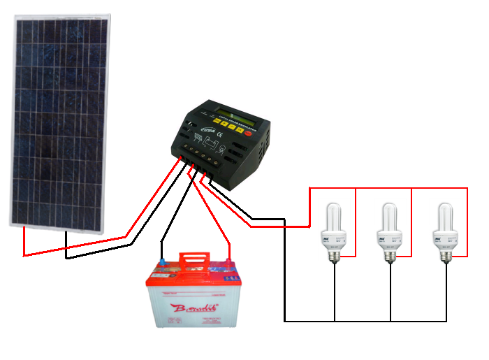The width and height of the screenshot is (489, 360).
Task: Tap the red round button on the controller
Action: (x=248, y=131)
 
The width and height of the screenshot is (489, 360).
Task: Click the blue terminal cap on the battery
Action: (x=163, y=264)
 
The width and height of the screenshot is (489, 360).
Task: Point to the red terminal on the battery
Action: (x=228, y=264)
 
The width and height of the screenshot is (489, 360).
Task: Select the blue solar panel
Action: (x=61, y=119)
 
